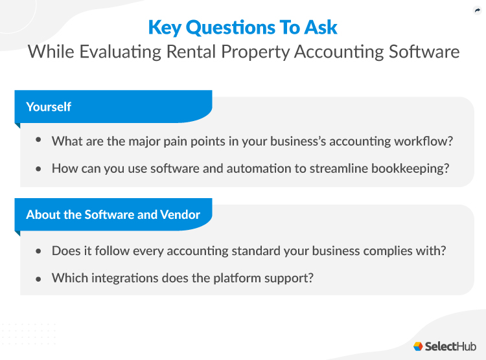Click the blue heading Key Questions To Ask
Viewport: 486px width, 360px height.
coord(243,27)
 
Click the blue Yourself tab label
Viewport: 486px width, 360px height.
coord(49,106)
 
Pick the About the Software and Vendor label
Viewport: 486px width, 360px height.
coord(113,214)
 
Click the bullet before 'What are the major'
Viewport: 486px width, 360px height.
coord(39,140)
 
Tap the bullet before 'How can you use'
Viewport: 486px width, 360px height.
coord(39,168)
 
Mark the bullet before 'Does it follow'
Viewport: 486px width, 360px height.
coord(39,250)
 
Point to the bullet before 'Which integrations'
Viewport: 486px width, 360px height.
coord(39,278)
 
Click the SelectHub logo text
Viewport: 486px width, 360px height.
coord(451,346)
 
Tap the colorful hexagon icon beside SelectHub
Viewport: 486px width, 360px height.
coord(419,346)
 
